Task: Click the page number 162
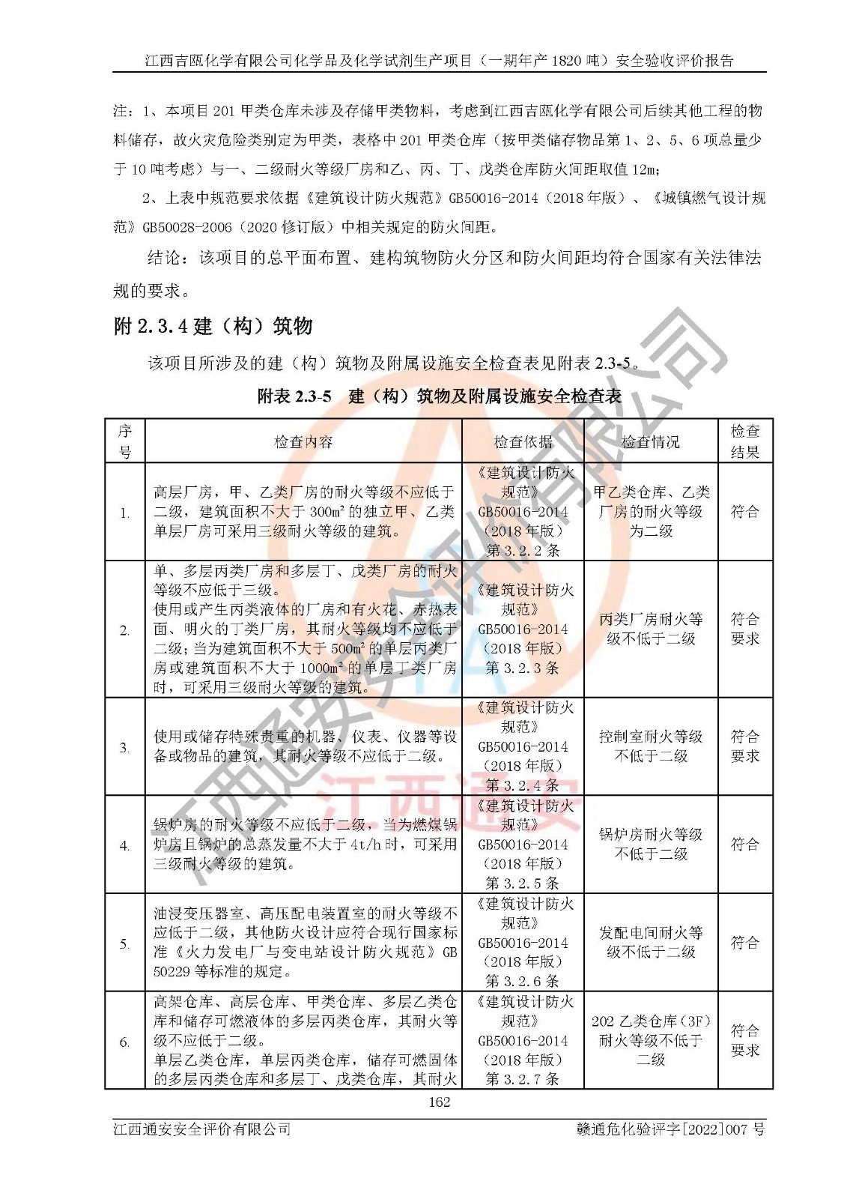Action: pos(439,1102)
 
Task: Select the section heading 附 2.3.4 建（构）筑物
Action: pos(213,326)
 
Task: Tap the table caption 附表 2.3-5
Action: pos(294,396)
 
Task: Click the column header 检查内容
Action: pos(303,442)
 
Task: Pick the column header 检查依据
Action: pos(523,442)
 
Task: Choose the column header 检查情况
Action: pos(650,442)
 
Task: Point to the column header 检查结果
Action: pos(745,441)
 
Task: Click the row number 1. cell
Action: pos(124,513)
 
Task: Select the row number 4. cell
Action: pos(124,845)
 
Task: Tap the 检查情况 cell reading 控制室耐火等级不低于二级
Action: pos(651,746)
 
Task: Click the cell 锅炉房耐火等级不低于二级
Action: pos(651,844)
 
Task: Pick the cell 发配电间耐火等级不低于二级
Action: pos(651,942)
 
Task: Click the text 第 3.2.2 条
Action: pos(523,550)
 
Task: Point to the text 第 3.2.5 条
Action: pos(523,883)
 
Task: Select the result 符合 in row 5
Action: pos(745,942)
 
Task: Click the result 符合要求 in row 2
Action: pos(745,629)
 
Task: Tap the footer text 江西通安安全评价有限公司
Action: pos(201,1129)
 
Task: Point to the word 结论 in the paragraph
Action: pos(164,258)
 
